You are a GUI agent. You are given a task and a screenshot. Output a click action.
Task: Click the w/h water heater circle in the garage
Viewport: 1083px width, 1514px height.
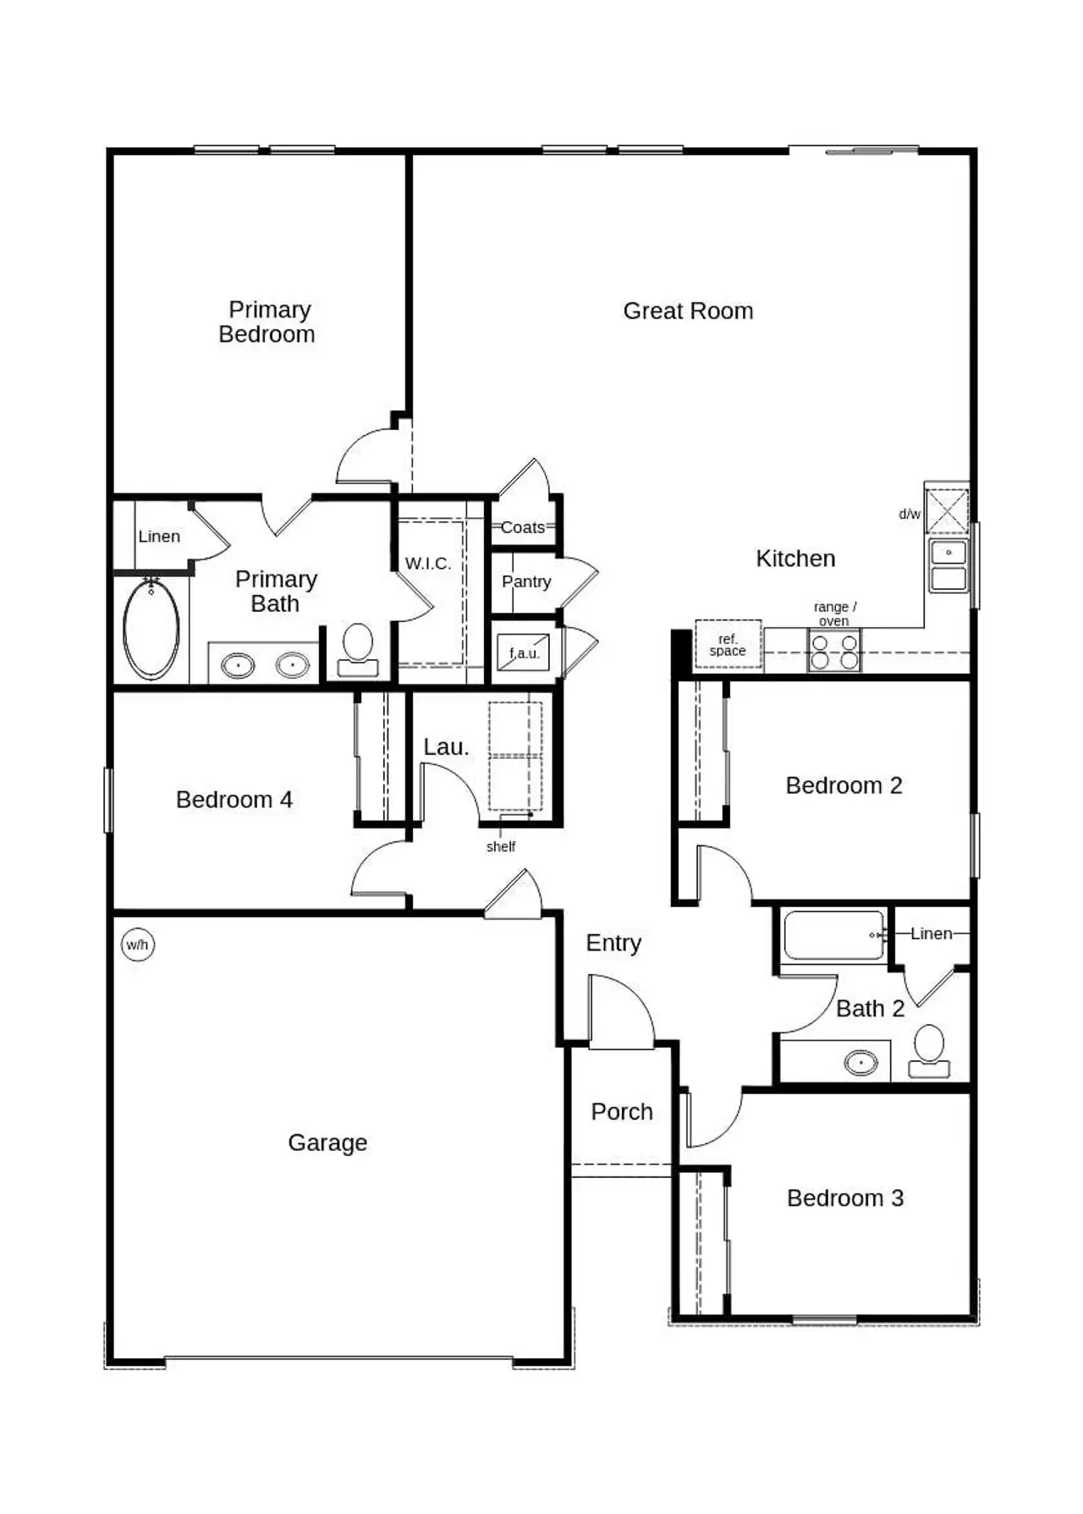point(138,944)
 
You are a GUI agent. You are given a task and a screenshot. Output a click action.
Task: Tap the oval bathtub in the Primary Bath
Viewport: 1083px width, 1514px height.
point(151,629)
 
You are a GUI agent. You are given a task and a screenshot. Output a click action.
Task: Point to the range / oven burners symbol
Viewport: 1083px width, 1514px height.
point(834,652)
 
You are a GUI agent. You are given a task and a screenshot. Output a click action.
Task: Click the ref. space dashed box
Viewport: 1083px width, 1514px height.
point(728,645)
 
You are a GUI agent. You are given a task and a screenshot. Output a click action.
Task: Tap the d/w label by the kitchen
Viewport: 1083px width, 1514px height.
point(910,515)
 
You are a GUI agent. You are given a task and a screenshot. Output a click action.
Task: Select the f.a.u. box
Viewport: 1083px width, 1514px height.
point(523,653)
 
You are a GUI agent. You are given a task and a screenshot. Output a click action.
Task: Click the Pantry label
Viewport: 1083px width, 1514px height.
point(526,581)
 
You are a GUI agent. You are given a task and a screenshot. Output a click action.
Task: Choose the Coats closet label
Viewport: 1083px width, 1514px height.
point(523,527)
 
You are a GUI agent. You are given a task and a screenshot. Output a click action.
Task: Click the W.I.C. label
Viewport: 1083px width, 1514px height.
point(428,564)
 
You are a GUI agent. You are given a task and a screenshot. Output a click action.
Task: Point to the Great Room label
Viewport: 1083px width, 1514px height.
point(688,311)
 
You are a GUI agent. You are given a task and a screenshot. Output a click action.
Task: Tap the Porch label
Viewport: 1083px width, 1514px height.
point(622,1112)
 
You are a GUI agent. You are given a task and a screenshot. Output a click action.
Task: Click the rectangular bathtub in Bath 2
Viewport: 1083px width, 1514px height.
point(833,935)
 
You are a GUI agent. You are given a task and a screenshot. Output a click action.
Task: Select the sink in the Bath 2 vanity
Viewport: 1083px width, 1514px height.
point(861,1062)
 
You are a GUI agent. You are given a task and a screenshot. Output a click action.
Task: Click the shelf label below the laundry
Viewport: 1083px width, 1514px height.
point(501,846)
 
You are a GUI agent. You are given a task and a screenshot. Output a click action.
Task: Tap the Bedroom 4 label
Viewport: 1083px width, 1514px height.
point(234,800)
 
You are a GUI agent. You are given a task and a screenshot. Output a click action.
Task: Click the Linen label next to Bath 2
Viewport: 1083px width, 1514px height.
point(932,933)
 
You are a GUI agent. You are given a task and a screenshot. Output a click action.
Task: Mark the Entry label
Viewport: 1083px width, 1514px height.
point(613,943)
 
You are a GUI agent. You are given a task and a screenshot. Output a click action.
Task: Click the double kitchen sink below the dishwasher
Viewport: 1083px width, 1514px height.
point(948,565)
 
